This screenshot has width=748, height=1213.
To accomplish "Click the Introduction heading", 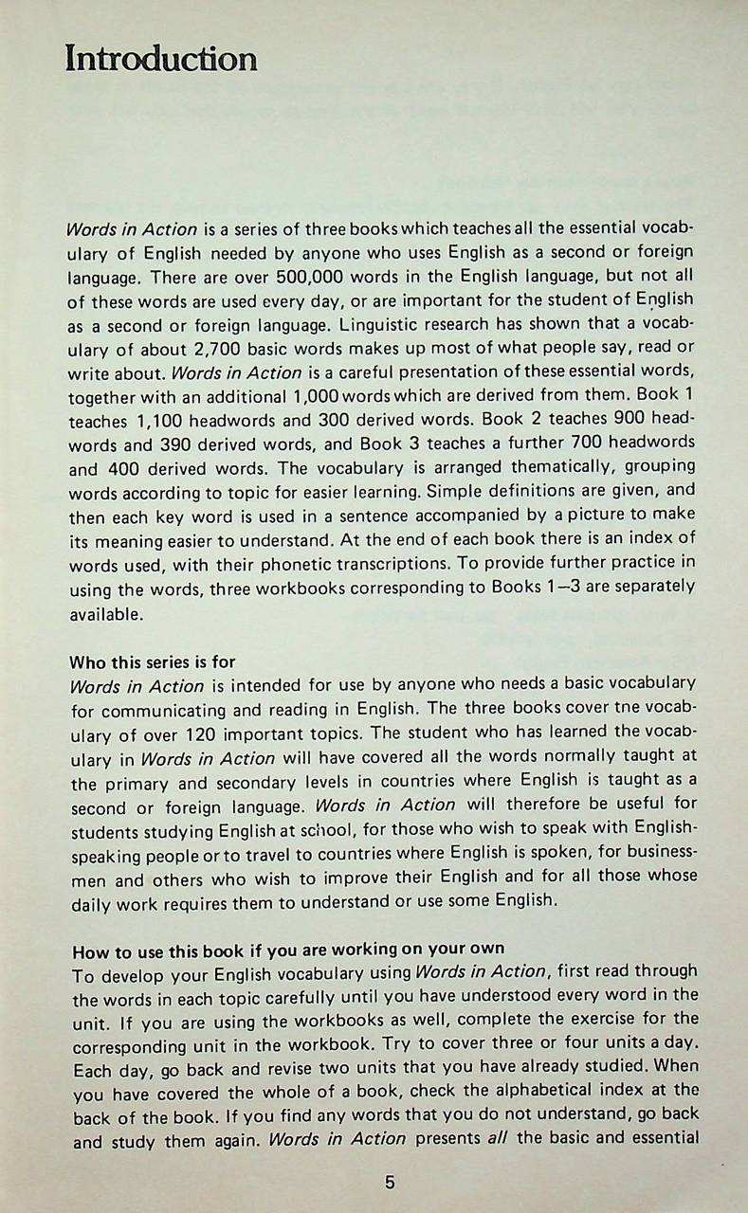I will (160, 59).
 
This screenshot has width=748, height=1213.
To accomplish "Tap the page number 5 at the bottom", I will (390, 1183).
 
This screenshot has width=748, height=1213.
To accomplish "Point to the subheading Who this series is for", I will (153, 661).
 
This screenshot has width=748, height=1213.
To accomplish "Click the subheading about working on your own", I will (287, 949).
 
